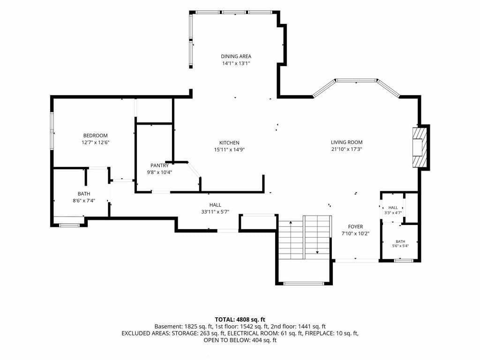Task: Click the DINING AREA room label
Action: coord(236,56)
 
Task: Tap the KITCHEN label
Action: coord(229,142)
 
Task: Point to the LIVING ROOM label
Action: coord(346,142)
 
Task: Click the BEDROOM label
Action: coord(96,135)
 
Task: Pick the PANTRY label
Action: coord(159,165)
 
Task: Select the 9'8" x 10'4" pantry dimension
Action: coord(159,172)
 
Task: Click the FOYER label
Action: coord(355,226)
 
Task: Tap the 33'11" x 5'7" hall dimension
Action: coord(215,212)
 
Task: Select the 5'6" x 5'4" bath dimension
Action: coord(400,246)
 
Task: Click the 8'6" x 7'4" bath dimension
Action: coord(83,201)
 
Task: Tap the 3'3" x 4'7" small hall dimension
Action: coord(393,212)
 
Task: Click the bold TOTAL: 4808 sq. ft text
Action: coord(240,320)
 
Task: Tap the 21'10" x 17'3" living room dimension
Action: coord(346,150)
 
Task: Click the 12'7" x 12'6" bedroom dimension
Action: coord(96,142)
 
